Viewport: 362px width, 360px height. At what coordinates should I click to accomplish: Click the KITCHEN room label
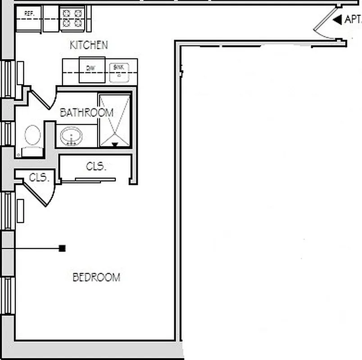point(89,45)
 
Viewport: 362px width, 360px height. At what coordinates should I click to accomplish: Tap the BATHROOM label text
point(86,112)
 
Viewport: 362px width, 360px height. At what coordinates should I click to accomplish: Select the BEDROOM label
point(96,277)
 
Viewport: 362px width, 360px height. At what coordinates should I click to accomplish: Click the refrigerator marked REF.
point(29,18)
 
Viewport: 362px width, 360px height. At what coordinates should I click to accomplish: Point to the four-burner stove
point(72,18)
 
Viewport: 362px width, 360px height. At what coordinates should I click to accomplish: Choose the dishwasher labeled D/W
point(92,69)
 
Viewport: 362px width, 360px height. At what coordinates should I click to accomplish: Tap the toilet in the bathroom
point(32,139)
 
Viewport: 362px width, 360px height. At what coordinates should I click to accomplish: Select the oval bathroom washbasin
point(71,136)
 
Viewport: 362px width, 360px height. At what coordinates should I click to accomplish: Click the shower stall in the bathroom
point(114,120)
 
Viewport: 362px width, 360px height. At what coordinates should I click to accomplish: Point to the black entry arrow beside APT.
point(337,19)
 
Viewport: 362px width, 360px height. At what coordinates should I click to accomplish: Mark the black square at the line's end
point(62,248)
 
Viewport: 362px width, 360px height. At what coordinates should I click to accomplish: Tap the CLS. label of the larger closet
point(96,166)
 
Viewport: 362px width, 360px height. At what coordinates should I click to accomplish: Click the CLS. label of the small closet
point(39,178)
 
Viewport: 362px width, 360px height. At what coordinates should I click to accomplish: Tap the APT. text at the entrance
point(353,19)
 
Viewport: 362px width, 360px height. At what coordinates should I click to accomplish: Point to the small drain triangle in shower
point(114,144)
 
